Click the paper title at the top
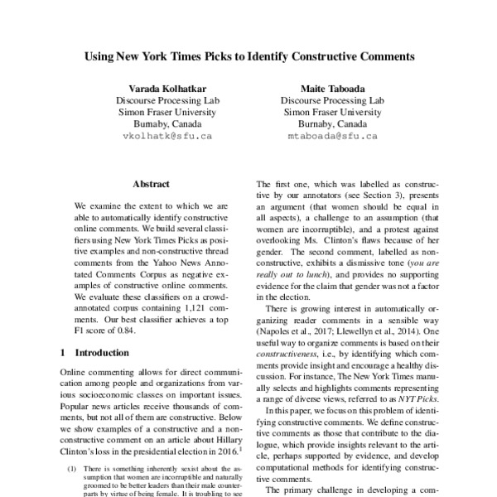click(248, 58)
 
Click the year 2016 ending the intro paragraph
click(225, 454)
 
